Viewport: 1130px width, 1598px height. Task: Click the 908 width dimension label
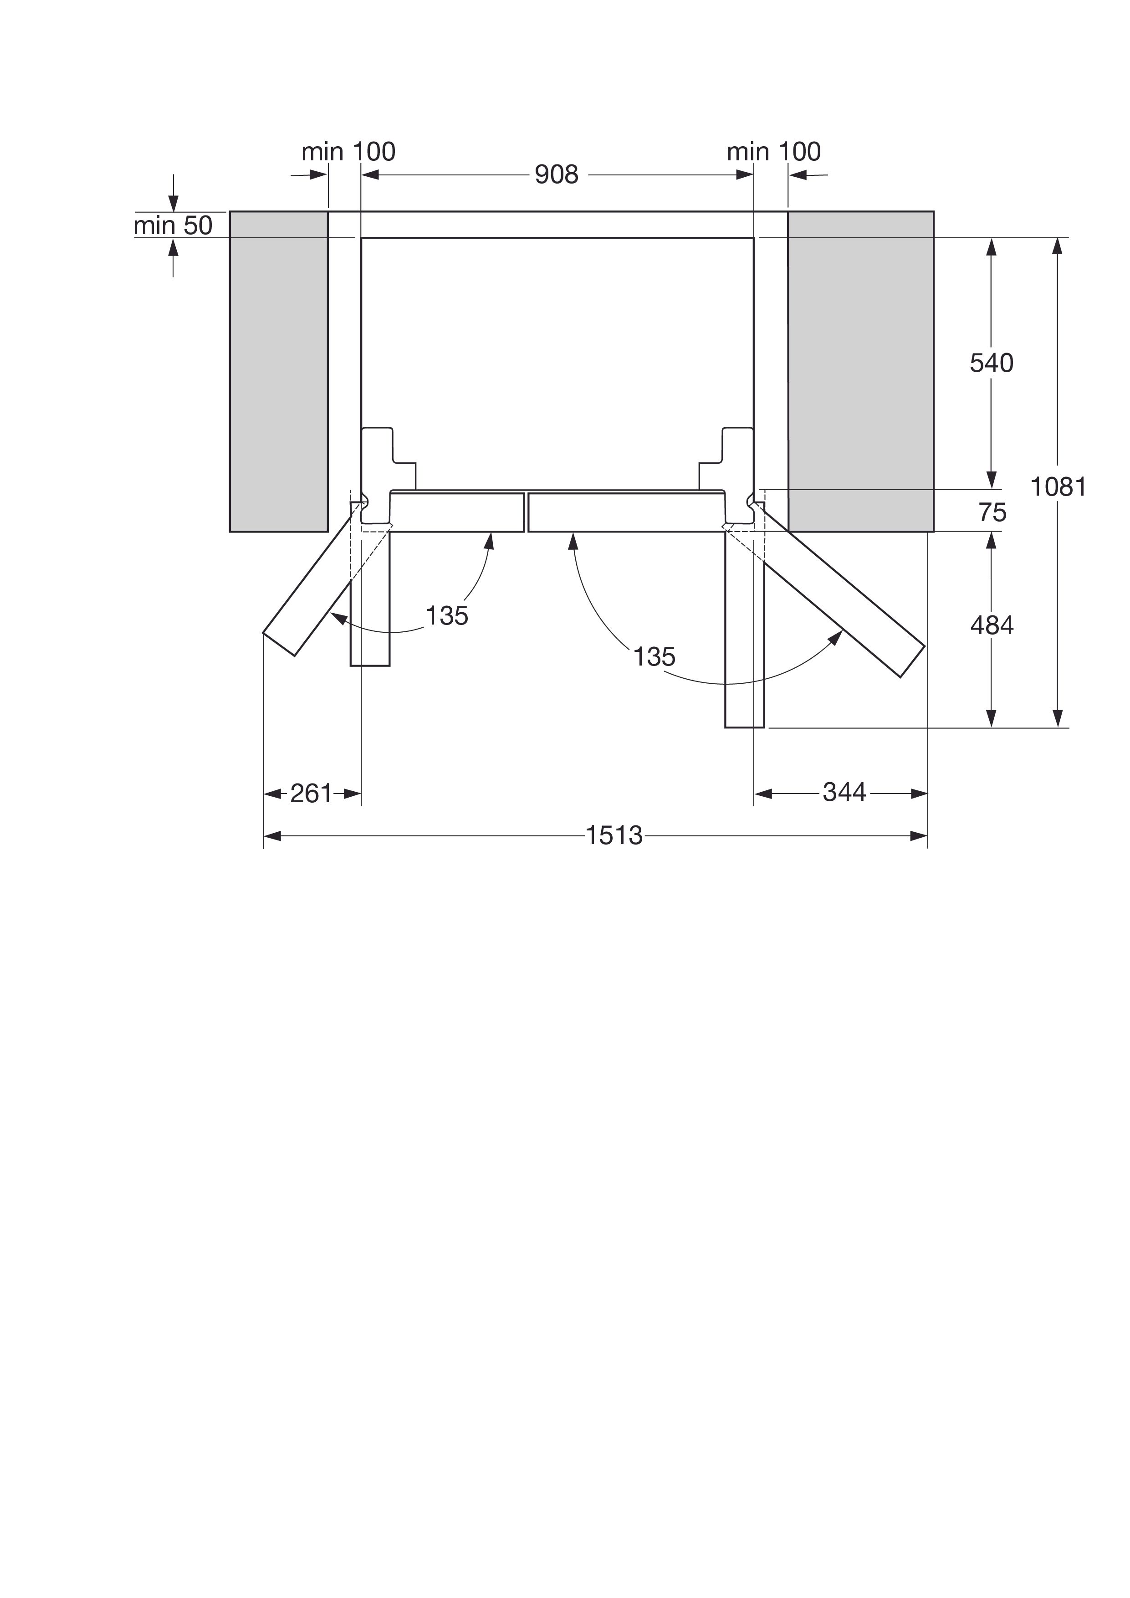coord(556,174)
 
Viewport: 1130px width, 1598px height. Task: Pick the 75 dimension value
coord(992,513)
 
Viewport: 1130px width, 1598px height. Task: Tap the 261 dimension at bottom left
coord(311,794)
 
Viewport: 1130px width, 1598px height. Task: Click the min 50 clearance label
coord(173,225)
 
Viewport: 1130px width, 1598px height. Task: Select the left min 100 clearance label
coord(348,151)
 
